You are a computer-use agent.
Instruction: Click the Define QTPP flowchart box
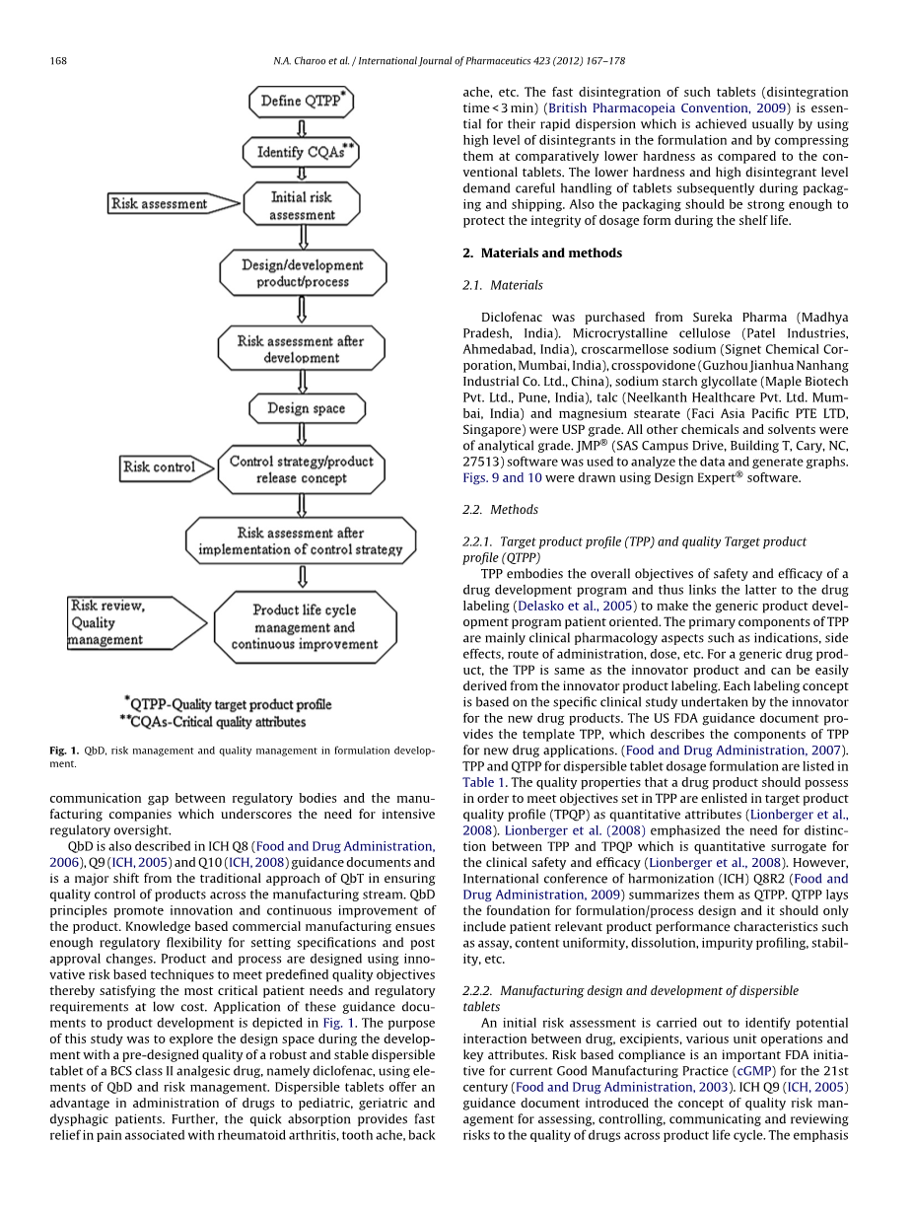[x=302, y=101]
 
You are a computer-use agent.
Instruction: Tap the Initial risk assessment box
[x=302, y=205]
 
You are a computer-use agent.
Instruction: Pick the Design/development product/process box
[x=302, y=273]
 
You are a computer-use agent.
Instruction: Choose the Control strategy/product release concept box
[x=302, y=469]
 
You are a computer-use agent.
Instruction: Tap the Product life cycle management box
[x=305, y=627]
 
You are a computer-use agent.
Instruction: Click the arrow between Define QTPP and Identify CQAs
[x=303, y=127]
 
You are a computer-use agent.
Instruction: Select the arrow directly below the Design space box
[x=303, y=435]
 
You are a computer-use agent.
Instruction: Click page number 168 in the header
[x=58, y=61]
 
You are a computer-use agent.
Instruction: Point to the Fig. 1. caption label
[x=64, y=751]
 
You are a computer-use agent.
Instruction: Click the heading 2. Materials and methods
[x=542, y=252]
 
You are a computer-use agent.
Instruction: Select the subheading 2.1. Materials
[x=503, y=285]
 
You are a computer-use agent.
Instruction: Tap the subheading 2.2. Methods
[x=501, y=510]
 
